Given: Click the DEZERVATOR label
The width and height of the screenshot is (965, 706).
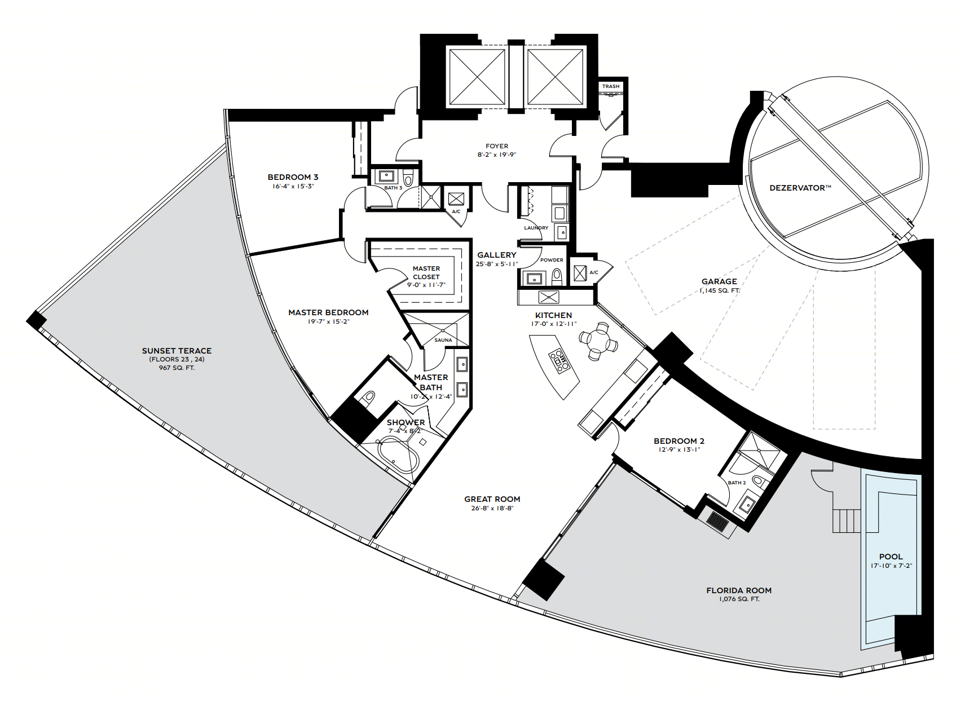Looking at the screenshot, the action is point(800,188).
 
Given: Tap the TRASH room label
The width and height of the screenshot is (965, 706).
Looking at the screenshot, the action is point(610,86).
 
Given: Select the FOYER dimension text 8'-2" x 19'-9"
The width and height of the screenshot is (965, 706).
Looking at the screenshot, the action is point(496,155).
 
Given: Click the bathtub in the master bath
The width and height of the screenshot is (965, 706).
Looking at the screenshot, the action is point(398,455).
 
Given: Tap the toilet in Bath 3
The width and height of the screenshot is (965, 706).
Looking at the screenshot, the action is point(408,177).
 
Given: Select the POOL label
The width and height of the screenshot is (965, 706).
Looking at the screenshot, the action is point(891,557).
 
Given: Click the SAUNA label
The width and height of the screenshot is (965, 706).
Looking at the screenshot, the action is point(443,340).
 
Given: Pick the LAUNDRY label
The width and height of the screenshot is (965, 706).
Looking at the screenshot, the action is point(536,227).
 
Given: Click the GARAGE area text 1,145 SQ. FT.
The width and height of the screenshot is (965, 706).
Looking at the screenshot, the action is point(719,291).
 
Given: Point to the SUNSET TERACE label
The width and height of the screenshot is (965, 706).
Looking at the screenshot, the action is point(177,351).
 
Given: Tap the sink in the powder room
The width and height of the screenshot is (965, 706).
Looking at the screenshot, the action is point(534,279).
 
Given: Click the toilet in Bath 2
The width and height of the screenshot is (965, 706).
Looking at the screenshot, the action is point(758,480).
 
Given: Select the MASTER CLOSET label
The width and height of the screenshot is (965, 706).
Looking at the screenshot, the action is point(426,273).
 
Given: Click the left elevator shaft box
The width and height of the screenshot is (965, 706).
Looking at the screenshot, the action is point(477,77).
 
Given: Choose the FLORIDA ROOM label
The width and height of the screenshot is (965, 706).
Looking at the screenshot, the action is point(739,590).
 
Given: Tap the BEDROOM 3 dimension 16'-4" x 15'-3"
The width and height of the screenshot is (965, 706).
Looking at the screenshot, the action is point(293,186).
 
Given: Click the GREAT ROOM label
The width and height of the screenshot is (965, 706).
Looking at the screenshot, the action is point(492,499).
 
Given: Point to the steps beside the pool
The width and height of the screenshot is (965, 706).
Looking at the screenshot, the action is point(845,521).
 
